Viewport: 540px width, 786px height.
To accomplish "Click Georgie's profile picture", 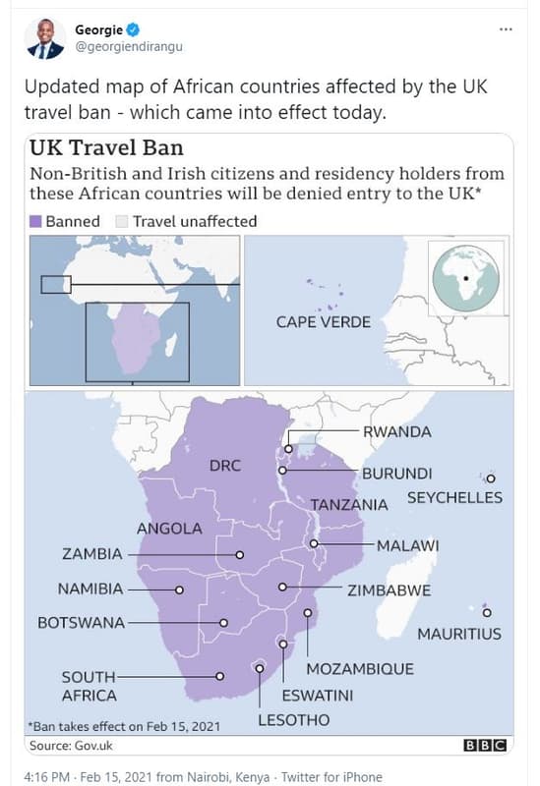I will [44, 37].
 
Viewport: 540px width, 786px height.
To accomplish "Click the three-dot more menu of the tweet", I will [506, 29].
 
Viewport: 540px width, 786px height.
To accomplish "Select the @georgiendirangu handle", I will [129, 46].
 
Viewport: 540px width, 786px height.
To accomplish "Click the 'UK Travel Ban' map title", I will [106, 148].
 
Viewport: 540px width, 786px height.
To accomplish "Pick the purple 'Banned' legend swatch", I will [36, 221].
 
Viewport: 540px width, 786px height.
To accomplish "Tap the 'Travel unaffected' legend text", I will [195, 221].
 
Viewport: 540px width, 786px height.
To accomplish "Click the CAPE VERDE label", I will [324, 322].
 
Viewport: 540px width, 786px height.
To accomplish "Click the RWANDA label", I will [397, 431].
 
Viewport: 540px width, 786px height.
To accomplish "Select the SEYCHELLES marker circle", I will [491, 478].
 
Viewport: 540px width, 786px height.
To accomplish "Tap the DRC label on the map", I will [224, 465].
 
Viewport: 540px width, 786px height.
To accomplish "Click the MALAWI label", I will [407, 545].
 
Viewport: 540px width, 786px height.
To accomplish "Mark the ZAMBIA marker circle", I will [239, 554].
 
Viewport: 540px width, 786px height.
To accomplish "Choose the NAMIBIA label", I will [90, 589].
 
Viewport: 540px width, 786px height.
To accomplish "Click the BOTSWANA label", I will [81, 623].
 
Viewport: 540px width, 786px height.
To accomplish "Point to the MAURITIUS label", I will [459, 634].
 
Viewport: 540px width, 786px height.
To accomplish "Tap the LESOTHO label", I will [293, 720].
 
